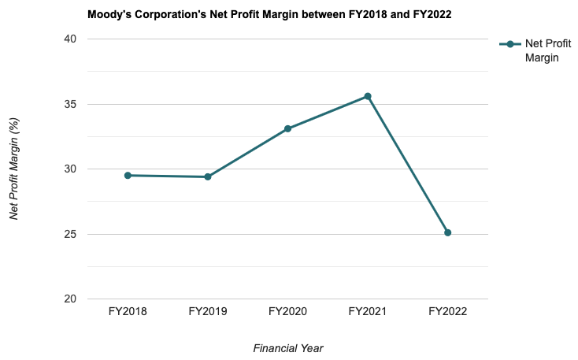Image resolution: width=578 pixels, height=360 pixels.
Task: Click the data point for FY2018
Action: coord(128,176)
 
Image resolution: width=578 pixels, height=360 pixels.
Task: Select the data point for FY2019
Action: coord(208,176)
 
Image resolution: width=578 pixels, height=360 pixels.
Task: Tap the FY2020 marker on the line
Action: coord(287,128)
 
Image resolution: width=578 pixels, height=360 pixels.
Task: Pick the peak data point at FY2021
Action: coord(368,96)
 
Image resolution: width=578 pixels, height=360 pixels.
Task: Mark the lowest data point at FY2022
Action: coord(447,232)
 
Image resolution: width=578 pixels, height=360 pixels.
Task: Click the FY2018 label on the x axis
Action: coord(128,312)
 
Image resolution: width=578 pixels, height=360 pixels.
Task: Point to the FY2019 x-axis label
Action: coord(208,312)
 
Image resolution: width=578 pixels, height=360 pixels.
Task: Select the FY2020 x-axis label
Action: coord(287,312)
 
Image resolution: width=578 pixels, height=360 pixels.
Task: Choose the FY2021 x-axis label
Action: coord(368,312)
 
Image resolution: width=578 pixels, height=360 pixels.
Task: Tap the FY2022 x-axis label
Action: coord(447,312)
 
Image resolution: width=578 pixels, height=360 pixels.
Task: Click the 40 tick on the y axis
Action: coord(71,39)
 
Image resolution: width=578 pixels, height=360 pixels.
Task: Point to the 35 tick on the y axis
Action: coord(71,104)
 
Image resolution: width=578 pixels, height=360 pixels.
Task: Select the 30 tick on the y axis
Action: coord(71,169)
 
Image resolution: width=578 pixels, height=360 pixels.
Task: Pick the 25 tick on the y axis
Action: coord(71,234)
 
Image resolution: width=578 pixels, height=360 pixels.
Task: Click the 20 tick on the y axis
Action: coord(71,299)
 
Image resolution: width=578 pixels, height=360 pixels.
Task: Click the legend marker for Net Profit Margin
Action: coord(510,44)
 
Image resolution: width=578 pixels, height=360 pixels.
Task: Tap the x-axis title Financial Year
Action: coord(288,347)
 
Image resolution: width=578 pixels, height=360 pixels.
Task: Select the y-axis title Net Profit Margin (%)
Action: coord(14,169)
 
